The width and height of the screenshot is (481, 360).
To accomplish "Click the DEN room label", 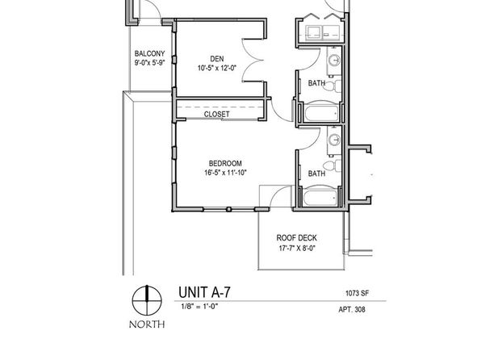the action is coord(217,59).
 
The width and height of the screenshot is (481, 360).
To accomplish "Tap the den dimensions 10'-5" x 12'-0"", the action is coord(217,68).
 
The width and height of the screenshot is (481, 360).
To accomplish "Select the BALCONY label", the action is coord(149,54).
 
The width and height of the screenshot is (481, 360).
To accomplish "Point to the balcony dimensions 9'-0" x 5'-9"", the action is coord(149,63).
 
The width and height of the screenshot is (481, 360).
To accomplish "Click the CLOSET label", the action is coord(216,114).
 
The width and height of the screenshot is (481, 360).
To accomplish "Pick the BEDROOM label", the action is coord(225,163).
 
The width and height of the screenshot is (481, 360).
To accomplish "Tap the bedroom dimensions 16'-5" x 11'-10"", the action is coord(225,173).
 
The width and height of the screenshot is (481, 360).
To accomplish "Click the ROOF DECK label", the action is coord(297,238).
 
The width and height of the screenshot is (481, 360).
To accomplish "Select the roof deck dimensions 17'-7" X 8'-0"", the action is coord(297,248).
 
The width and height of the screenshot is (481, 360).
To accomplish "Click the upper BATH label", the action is coord(316,83).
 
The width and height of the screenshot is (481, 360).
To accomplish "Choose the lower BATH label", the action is coord(316,174).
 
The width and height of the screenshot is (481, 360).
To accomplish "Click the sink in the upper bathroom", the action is coord(334,61).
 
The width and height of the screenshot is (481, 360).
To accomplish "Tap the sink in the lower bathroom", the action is coord(334,140).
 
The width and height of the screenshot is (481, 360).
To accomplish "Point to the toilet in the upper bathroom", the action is coord(333,86).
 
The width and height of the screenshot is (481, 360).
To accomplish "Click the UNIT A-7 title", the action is coord(204,292).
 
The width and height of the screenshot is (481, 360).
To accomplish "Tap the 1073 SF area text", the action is coord(357,293).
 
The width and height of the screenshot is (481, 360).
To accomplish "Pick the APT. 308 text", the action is coord(352,309).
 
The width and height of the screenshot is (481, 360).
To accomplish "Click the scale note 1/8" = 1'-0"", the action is coord(199,306).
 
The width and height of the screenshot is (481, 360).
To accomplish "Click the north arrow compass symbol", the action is coord(147,300).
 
